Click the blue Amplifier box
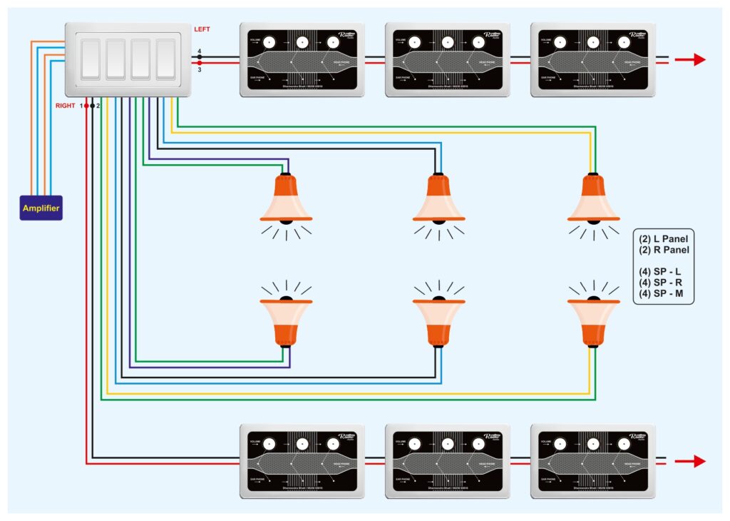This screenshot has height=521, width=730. tap(41, 208)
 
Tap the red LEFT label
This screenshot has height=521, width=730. tap(202, 29)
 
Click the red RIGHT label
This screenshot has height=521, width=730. tap(66, 106)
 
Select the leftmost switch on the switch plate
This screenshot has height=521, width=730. tap(91, 59)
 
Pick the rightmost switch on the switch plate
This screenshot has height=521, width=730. tap(165, 59)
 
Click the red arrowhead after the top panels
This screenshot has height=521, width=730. tap(699, 59)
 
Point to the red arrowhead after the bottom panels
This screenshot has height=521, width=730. tap(699, 461)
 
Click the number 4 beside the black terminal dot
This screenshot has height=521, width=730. tap(200, 50)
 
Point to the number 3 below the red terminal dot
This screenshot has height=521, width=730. tap(200, 70)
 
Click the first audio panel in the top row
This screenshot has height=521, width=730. tap(302, 59)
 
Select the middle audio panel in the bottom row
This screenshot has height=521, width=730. tap(447, 461)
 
